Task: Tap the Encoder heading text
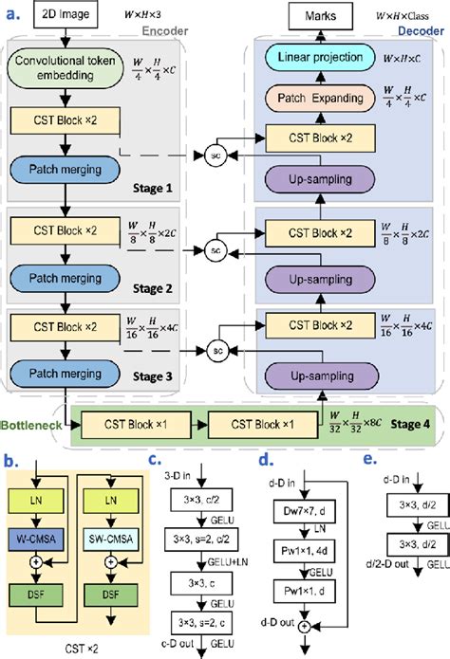point(163,28)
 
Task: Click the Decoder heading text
point(421,28)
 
